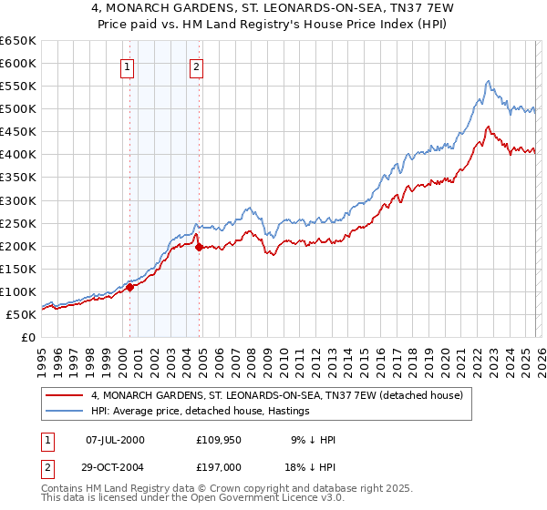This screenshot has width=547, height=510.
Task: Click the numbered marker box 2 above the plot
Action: tap(197, 66)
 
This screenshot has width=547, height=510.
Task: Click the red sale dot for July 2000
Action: tap(129, 287)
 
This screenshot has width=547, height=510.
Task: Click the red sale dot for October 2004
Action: tap(200, 247)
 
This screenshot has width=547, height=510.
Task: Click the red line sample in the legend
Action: tap(66, 395)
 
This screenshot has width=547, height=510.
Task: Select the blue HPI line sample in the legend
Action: tap(66, 412)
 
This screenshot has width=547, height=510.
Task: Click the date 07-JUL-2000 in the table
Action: tap(114, 440)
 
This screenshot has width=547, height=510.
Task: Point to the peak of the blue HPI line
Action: tap(489, 81)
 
